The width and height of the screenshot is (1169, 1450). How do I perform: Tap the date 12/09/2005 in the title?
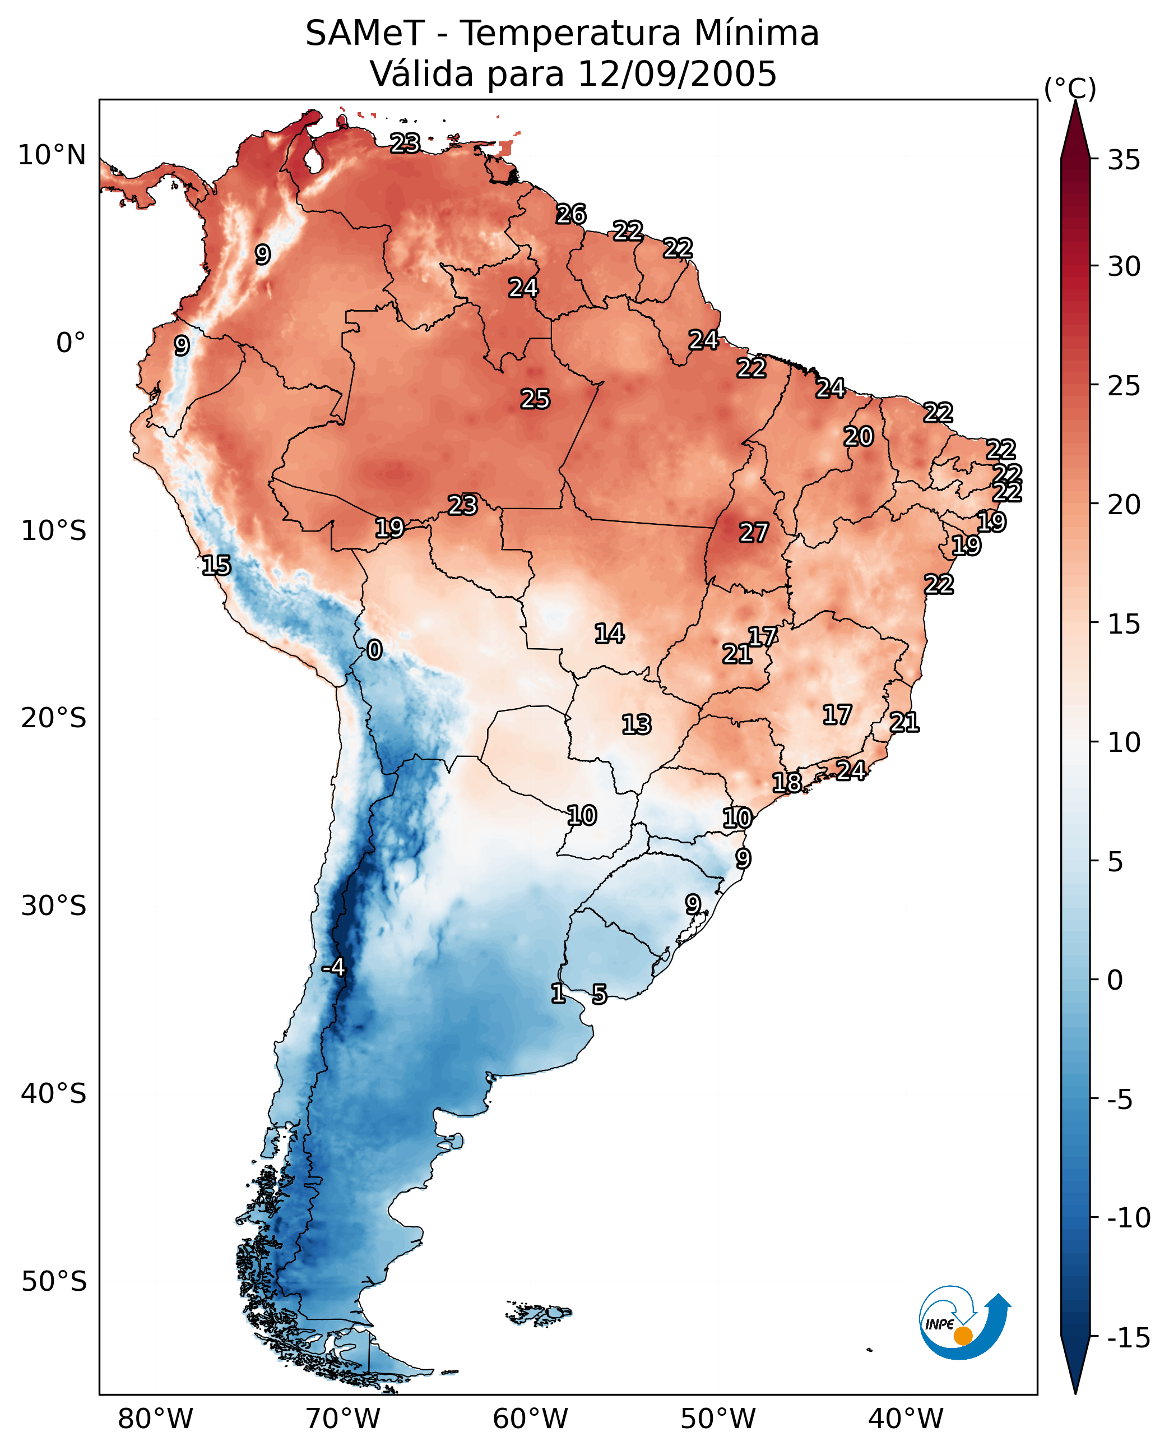click(677, 74)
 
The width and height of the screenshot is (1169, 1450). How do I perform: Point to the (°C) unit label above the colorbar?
click(1070, 88)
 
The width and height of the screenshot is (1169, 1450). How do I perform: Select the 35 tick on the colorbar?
click(1124, 160)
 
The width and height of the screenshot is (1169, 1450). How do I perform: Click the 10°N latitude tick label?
click(52, 156)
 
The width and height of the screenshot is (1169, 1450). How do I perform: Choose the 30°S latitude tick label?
click(54, 906)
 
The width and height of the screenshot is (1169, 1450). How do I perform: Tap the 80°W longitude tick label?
click(156, 1419)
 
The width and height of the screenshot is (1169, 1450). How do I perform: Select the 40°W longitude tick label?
click(906, 1419)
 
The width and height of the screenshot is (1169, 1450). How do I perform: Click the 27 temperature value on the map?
click(754, 533)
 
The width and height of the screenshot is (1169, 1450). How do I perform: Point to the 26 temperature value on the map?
click(571, 214)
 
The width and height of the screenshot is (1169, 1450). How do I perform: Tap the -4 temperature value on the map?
click(333, 968)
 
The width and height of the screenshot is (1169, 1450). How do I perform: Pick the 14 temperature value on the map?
click(609, 634)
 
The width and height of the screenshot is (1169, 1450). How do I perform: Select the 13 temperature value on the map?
click(637, 725)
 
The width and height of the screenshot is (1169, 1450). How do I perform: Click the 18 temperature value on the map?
click(786, 783)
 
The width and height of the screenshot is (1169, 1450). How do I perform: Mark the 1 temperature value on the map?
click(558, 993)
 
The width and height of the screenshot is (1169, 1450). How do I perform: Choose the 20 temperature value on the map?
click(859, 437)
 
